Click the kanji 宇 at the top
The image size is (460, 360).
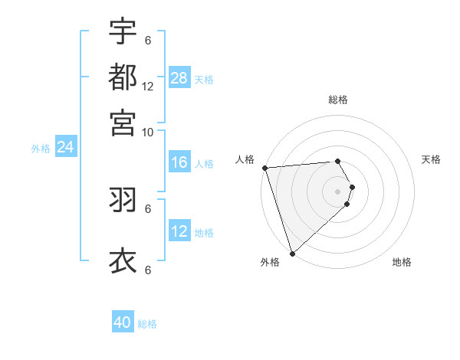pos(123,31)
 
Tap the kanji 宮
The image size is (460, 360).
pos(123,122)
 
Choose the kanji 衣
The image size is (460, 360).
pos(123,260)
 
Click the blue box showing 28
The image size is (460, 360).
pos(179,78)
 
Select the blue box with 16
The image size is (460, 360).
pos(179,162)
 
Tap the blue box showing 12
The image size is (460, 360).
pos(179,231)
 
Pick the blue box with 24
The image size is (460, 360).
pos(66,148)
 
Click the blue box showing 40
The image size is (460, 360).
pos(123,322)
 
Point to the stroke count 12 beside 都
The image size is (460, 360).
pos(148,87)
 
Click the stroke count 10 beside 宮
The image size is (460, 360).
pos(148,132)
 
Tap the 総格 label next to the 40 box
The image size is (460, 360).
pos(147,324)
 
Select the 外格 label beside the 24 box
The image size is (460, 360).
pos(41,149)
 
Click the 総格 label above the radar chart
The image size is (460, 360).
pos(337,100)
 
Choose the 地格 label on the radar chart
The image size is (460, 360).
pos(402,263)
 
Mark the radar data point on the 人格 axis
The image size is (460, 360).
pos(264,167)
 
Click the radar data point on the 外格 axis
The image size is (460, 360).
pos(292,253)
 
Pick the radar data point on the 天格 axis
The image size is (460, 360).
pos(352,187)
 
